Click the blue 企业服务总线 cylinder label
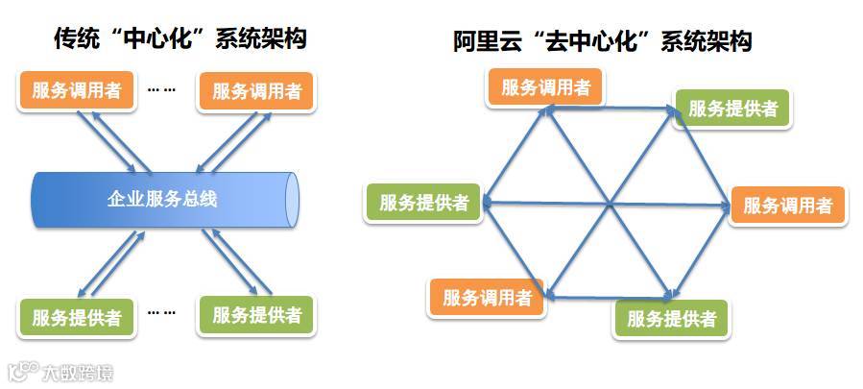162,200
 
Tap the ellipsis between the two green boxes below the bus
161,311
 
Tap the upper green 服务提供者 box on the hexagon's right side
731,108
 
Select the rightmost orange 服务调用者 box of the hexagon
787,205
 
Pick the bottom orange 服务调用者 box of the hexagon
486,298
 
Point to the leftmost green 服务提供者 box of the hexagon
423,203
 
